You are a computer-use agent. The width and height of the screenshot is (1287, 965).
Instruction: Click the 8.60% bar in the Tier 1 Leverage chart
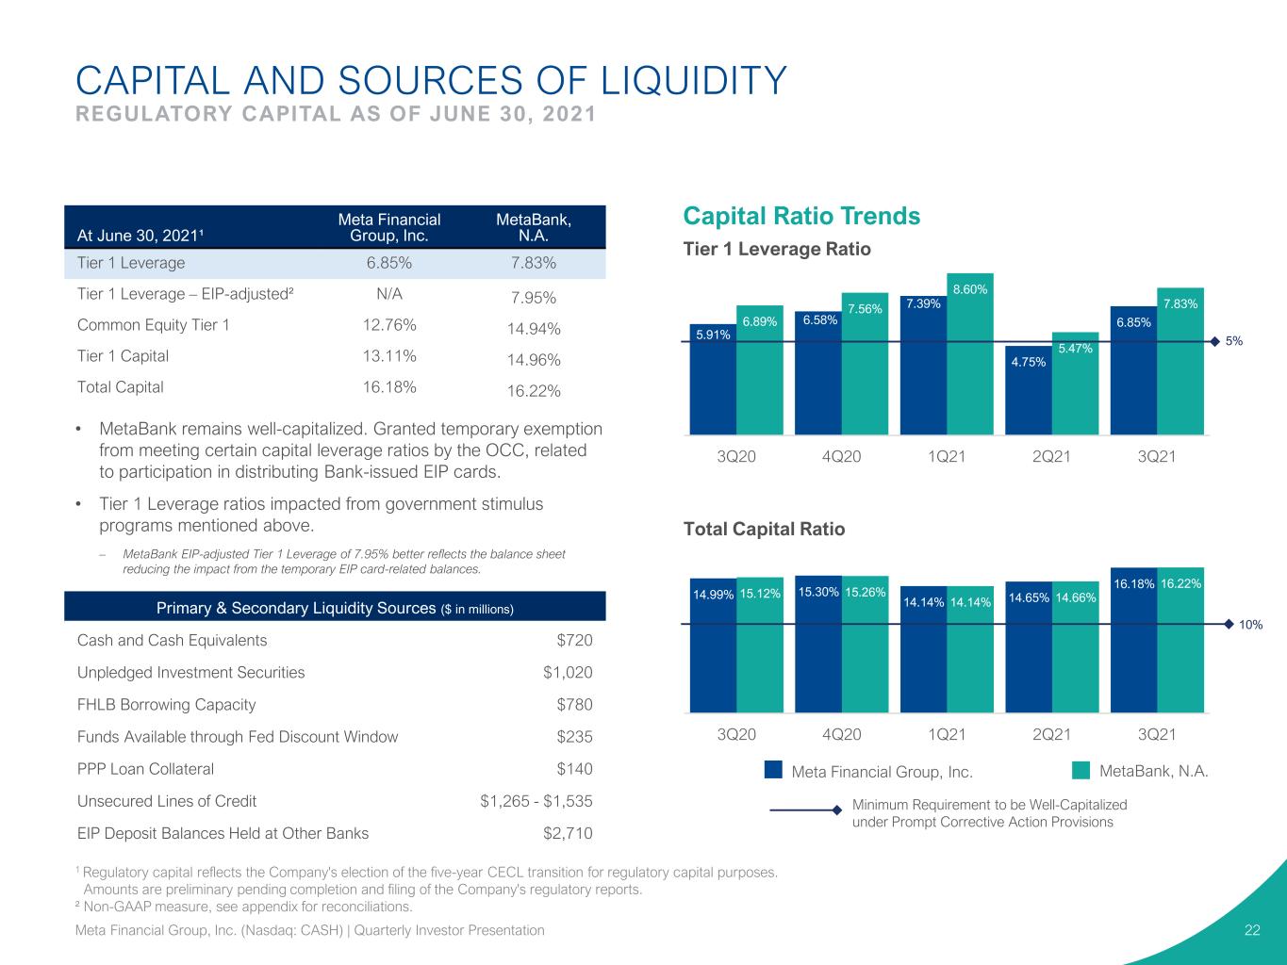970,354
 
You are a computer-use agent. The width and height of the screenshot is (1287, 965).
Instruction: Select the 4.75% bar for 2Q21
1029,390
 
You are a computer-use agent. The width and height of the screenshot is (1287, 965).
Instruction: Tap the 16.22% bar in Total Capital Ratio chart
1180,640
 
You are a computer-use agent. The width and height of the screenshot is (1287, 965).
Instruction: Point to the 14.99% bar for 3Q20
713,646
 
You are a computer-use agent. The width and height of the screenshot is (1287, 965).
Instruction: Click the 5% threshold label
1233,341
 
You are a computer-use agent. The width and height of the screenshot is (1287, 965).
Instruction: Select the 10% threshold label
1250,625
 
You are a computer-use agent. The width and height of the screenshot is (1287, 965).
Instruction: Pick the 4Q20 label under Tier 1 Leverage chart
841,456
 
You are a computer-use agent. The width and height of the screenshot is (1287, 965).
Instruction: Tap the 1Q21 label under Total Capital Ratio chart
947,734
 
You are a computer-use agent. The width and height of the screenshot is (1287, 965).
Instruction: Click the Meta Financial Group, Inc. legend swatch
773,770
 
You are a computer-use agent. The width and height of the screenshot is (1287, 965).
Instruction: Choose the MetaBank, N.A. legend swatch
1081,770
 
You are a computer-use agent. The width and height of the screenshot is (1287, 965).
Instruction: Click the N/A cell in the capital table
389,293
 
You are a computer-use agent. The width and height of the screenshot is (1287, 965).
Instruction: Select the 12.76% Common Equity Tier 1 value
389,324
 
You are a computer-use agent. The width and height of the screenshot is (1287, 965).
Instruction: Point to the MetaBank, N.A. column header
534,227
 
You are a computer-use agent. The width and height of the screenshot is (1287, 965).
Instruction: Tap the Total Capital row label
120,386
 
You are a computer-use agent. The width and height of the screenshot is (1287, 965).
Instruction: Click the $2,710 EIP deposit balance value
568,832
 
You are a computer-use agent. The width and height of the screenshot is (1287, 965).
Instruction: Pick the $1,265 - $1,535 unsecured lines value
536,800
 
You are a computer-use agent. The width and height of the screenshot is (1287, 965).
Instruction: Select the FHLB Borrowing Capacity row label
167,704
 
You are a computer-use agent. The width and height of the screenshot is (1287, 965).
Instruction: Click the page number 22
1252,930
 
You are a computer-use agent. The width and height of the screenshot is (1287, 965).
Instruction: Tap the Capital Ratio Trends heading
801,216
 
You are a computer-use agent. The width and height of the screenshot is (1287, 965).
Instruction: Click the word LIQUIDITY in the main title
694,80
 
